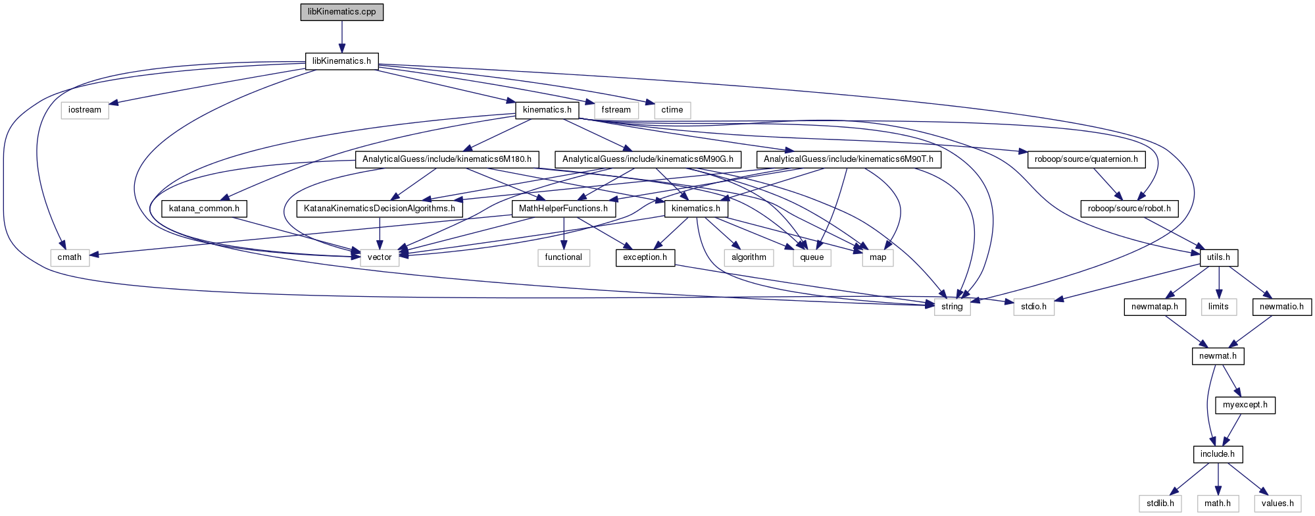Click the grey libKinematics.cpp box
[x=341, y=12]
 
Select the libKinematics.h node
[x=341, y=61]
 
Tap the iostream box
[x=85, y=110]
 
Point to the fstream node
[x=616, y=110]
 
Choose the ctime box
[x=672, y=110]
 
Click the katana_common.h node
[x=204, y=209]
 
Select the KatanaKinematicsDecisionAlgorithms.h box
[x=380, y=209]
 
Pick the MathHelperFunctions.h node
[x=563, y=209]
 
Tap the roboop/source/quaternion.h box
[x=1086, y=159]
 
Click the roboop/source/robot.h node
[x=1129, y=209]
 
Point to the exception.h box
[x=645, y=257]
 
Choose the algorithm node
[x=749, y=257]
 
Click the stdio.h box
[x=1033, y=307]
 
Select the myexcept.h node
[x=1245, y=405]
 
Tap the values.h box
[x=1278, y=503]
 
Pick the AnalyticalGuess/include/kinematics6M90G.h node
[x=647, y=159]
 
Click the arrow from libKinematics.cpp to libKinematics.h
[x=341, y=36]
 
